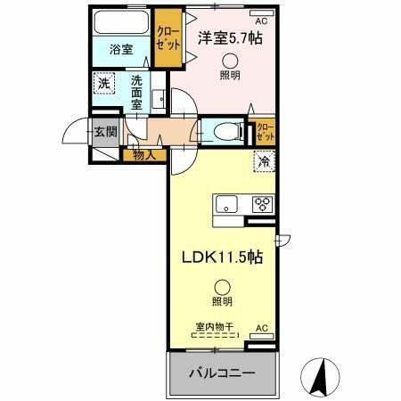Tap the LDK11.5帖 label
click(x=222, y=257)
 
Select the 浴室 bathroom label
click(x=122, y=50)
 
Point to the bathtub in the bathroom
click(x=123, y=24)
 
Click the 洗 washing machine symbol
click(x=104, y=84)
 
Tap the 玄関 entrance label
click(x=105, y=132)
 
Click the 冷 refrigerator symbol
click(x=265, y=161)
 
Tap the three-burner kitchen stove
click(x=263, y=202)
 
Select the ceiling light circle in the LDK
click(x=220, y=287)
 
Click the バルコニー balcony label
click(x=222, y=372)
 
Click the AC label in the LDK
click(x=262, y=329)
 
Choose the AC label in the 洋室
click(x=261, y=20)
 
